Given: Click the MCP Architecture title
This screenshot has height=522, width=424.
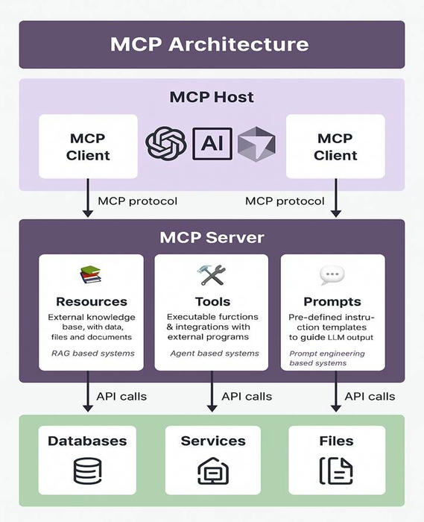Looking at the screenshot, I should tap(209, 44).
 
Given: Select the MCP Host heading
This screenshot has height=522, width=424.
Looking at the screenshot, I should tap(212, 97).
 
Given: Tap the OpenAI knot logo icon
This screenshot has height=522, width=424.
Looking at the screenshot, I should tap(165, 143).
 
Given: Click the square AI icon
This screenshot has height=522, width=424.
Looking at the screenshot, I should tap(212, 143).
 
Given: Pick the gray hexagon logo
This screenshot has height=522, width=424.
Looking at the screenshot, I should tap(256, 144).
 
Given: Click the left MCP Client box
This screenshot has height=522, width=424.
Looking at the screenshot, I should tap(88, 146).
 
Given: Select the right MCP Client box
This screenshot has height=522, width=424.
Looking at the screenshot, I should tap(335, 146).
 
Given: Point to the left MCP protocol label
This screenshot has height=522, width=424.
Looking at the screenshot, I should tap(138, 201).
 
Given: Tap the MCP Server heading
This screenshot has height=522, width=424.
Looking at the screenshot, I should tap(212, 238).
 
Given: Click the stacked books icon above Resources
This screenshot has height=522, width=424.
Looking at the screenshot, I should tap(91, 275).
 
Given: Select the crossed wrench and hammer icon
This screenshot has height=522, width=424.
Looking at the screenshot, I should tap(212, 274).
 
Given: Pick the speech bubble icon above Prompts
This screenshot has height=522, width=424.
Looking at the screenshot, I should tap(332, 275).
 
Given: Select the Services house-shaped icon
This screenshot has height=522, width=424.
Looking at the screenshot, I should tap(212, 471).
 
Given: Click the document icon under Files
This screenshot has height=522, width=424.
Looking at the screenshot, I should tap(335, 471).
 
